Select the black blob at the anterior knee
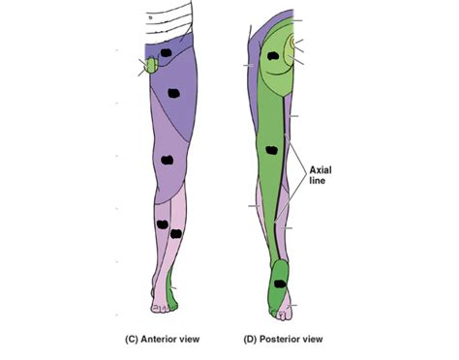click(167, 162)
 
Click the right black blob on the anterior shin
click(176, 233)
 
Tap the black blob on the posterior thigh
click(272, 151)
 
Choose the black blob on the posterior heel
click(280, 283)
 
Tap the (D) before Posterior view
click(248, 340)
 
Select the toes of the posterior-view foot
click(282, 313)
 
